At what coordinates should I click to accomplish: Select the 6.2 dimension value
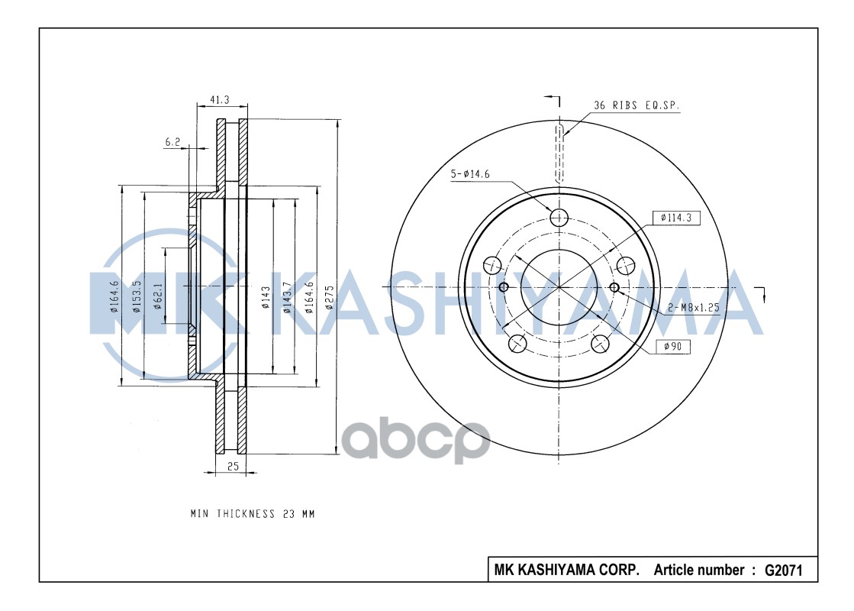click(x=172, y=141)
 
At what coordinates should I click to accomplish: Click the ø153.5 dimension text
click(x=137, y=296)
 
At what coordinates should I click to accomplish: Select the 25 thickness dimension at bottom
click(x=233, y=465)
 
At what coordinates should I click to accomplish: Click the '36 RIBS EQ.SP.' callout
click(x=636, y=105)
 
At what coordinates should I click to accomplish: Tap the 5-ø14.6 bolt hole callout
click(x=469, y=174)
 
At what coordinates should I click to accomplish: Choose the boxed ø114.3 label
click(x=676, y=218)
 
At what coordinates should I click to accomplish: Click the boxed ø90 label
click(x=672, y=347)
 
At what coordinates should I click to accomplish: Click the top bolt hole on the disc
click(x=559, y=217)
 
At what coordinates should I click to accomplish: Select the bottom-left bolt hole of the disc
click(x=517, y=344)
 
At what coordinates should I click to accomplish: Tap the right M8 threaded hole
click(x=615, y=287)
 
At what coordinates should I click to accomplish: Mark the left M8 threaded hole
click(x=503, y=287)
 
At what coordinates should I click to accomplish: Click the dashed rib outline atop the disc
click(x=559, y=153)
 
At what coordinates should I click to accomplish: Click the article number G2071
click(x=783, y=570)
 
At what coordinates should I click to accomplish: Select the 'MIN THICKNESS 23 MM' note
click(x=252, y=514)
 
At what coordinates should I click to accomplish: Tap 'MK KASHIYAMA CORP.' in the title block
click(x=566, y=570)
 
